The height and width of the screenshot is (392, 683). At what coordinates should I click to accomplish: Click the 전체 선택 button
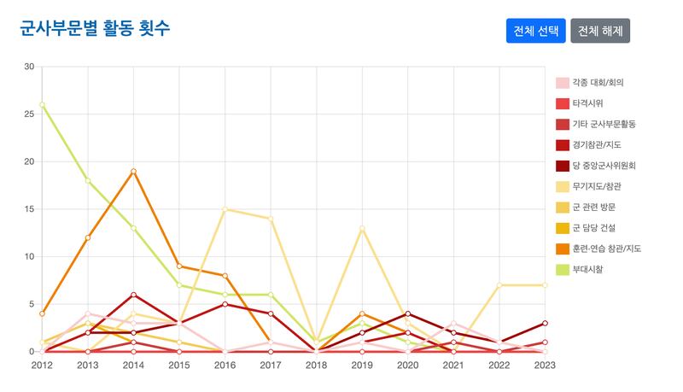pyautogui.click(x=536, y=31)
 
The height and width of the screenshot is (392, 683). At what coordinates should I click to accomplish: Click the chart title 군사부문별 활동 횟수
pyautogui.click(x=95, y=28)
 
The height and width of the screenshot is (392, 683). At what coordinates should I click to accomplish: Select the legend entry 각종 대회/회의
pyautogui.click(x=598, y=83)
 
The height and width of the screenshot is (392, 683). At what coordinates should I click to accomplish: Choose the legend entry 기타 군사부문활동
pyautogui.click(x=604, y=124)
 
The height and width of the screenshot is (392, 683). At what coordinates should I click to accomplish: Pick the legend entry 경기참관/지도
pyautogui.click(x=598, y=145)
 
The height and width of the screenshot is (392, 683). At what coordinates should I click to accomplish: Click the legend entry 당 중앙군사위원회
pyautogui.click(x=604, y=166)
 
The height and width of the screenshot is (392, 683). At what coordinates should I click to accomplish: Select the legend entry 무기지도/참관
pyautogui.click(x=598, y=186)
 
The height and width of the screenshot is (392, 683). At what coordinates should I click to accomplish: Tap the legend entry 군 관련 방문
pyautogui.click(x=594, y=207)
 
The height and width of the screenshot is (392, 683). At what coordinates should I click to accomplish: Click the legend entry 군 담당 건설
pyautogui.click(x=594, y=228)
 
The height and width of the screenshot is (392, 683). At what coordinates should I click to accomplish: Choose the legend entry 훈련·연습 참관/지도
pyautogui.click(x=606, y=249)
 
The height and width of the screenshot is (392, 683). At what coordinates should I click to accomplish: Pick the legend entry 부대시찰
pyautogui.click(x=587, y=269)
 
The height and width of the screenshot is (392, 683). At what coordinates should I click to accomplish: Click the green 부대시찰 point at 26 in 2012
pyautogui.click(x=42, y=105)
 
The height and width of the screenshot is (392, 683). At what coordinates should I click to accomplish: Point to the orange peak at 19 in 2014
pyautogui.click(x=133, y=171)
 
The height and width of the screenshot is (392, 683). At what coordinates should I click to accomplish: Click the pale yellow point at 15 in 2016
pyautogui.click(x=225, y=209)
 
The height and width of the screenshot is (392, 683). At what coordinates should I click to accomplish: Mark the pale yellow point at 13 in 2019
pyautogui.click(x=362, y=228)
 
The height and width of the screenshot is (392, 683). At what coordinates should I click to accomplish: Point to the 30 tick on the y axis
pyautogui.click(x=29, y=67)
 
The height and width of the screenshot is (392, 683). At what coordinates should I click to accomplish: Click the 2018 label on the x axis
pyautogui.click(x=316, y=365)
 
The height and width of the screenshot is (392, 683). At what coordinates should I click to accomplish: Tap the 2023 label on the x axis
pyautogui.click(x=545, y=365)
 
